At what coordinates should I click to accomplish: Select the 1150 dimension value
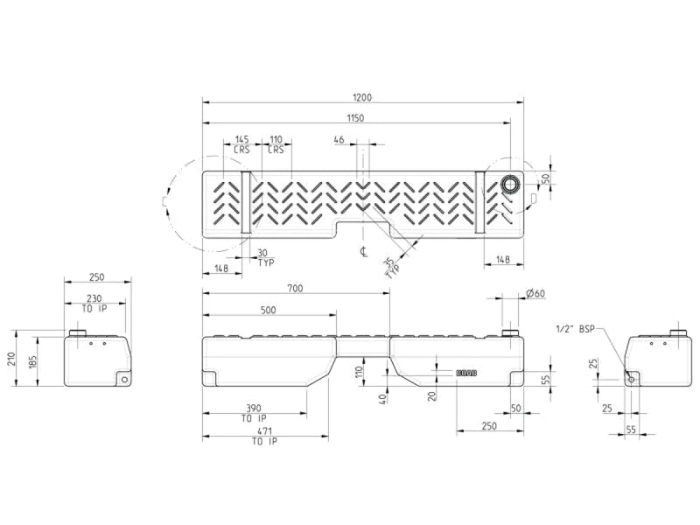354,117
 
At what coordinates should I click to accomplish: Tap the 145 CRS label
242,144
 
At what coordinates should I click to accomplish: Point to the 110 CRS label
276,144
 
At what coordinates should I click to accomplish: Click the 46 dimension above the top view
339,139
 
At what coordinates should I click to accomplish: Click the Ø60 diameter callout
535,293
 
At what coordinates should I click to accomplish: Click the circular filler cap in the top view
510,184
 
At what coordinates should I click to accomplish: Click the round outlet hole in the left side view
125,379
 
